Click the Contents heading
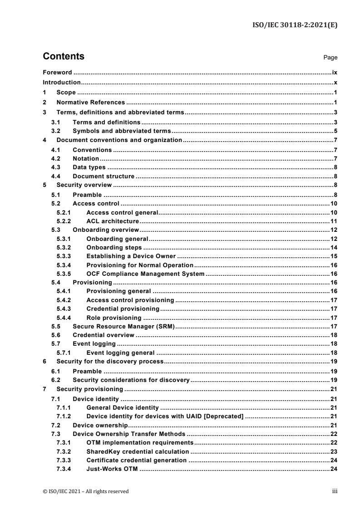click(64, 57)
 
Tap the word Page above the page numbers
click(330, 58)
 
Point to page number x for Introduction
click(335, 83)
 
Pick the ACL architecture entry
click(112, 221)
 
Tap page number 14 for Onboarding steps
click(332, 248)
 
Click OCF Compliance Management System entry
click(145, 274)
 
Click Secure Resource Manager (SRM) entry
click(124, 327)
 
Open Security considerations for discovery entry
click(131, 379)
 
